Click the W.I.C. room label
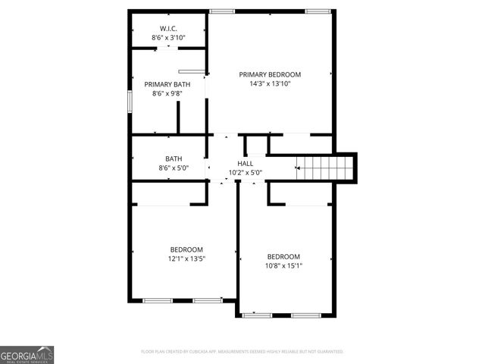[168, 28]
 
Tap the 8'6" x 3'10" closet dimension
[168, 37]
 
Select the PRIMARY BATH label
[167, 84]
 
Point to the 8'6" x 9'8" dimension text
[167, 94]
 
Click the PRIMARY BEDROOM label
[270, 74]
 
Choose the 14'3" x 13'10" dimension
[270, 84]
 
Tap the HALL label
[246, 163]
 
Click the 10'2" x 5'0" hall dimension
[246, 173]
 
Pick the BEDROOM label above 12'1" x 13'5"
[186, 249]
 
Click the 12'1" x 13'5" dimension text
[186, 259]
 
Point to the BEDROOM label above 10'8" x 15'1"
[283, 256]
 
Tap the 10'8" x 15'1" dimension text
[283, 265]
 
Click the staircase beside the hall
[324, 166]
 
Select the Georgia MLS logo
[27, 354]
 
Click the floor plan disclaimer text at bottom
[242, 352]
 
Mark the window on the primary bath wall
[130, 102]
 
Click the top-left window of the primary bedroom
[221, 11]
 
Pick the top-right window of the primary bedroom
[318, 11]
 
